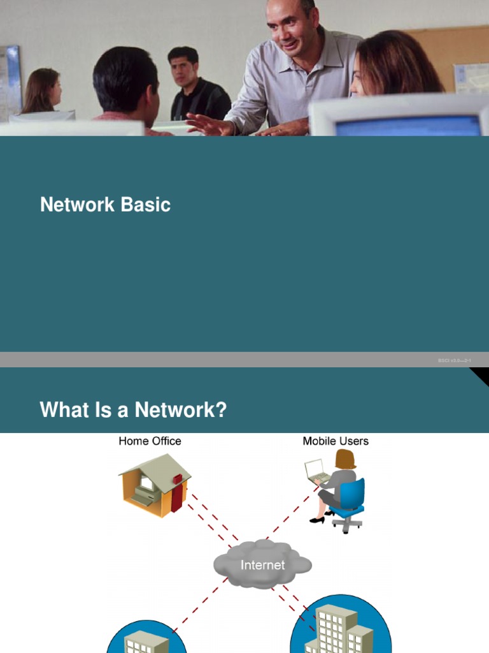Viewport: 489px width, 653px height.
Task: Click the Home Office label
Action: [x=150, y=441]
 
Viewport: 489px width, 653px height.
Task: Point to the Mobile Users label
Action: [x=336, y=441]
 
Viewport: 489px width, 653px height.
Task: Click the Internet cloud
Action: [x=262, y=564]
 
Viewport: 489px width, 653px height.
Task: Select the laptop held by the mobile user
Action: [x=316, y=473]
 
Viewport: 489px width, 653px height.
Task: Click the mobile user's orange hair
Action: [x=345, y=459]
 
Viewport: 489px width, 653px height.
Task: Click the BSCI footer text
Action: [x=454, y=361]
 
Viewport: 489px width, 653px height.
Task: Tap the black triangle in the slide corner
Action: [x=481, y=376]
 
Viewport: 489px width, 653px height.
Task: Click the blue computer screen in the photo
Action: [x=407, y=126]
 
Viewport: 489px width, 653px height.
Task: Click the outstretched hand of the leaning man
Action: [x=204, y=124]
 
